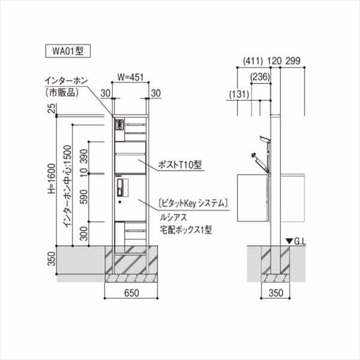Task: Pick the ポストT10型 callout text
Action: coord(178,163)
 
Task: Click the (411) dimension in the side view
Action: coord(254,61)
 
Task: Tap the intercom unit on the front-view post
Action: coord(118,125)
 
